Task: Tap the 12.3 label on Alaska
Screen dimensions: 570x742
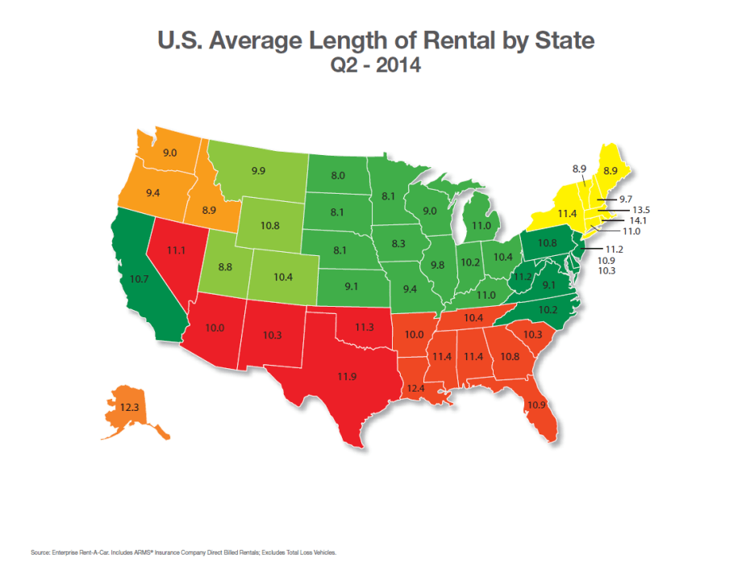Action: tap(131, 408)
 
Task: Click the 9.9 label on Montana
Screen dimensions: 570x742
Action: tap(259, 171)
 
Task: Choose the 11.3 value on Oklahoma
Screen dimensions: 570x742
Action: tap(365, 326)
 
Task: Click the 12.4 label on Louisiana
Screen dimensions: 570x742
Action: tap(415, 388)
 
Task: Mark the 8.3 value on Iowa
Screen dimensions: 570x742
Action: tap(398, 243)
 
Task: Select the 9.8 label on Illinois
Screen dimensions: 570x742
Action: tap(438, 265)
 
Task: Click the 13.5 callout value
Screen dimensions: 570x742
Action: tap(640, 209)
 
